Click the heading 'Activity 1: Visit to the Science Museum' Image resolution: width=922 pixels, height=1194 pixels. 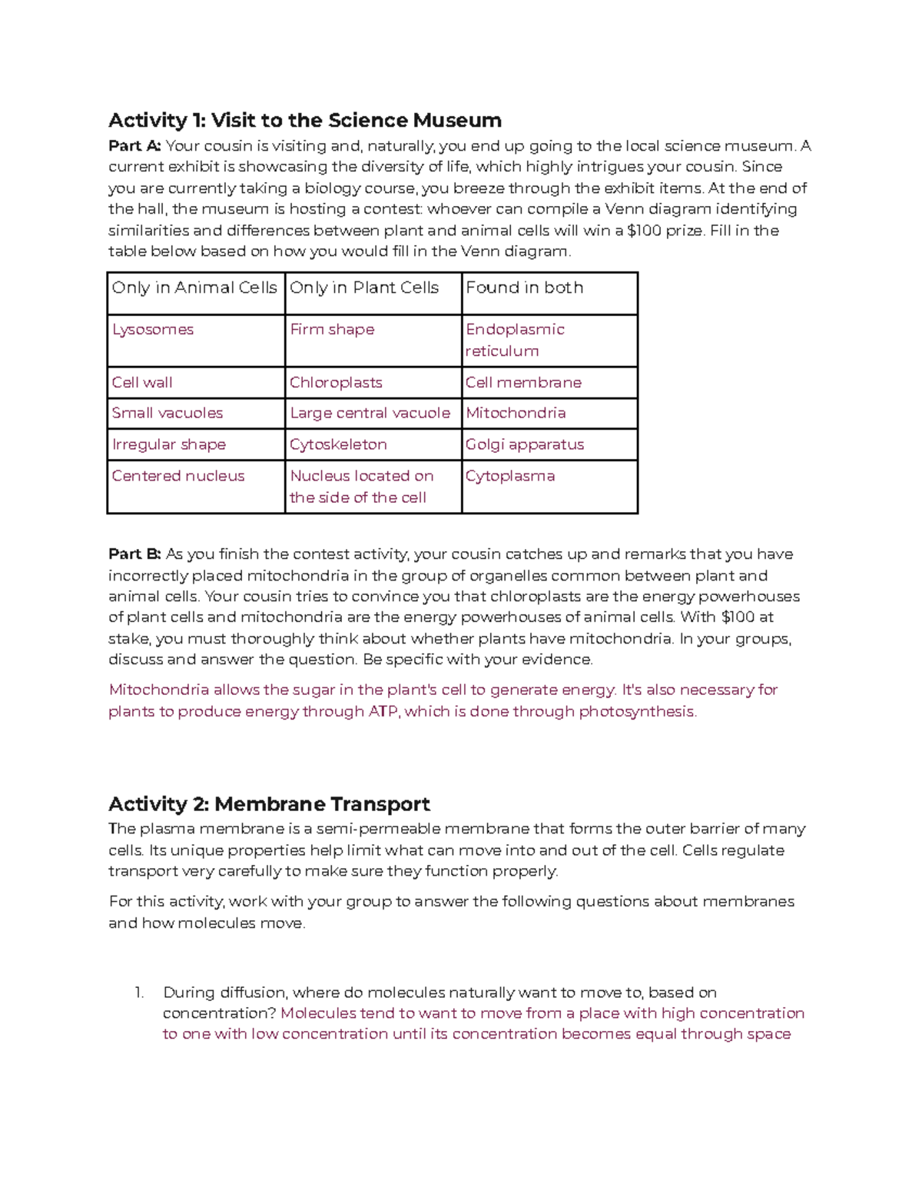[x=305, y=121]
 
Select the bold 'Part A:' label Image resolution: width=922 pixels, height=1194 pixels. [x=134, y=146]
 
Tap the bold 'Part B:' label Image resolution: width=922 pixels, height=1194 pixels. [x=134, y=554]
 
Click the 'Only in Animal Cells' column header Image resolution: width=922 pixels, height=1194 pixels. [x=194, y=288]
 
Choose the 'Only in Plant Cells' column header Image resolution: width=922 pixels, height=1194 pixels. [x=364, y=288]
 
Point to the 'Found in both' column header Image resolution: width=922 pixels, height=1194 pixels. [x=525, y=288]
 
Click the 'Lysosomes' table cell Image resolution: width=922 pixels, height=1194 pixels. [x=153, y=330]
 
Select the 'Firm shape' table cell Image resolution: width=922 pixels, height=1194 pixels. [x=332, y=330]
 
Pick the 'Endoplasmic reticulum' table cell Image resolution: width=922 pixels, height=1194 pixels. [x=515, y=340]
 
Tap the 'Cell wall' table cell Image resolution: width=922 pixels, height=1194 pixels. [x=142, y=383]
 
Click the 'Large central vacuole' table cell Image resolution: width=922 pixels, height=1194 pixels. [x=370, y=414]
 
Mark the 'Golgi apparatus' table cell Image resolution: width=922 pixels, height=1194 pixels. [x=525, y=445]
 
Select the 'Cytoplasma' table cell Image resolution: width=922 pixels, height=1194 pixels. [x=510, y=477]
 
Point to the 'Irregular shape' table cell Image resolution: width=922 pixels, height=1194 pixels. [x=169, y=445]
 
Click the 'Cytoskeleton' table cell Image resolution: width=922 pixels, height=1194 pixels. [x=338, y=445]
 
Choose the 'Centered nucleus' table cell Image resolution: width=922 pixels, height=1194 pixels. [x=178, y=477]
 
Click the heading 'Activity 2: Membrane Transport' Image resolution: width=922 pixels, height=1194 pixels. [x=269, y=804]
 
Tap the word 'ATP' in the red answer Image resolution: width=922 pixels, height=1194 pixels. [x=383, y=712]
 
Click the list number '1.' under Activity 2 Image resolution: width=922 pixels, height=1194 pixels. [x=139, y=993]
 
